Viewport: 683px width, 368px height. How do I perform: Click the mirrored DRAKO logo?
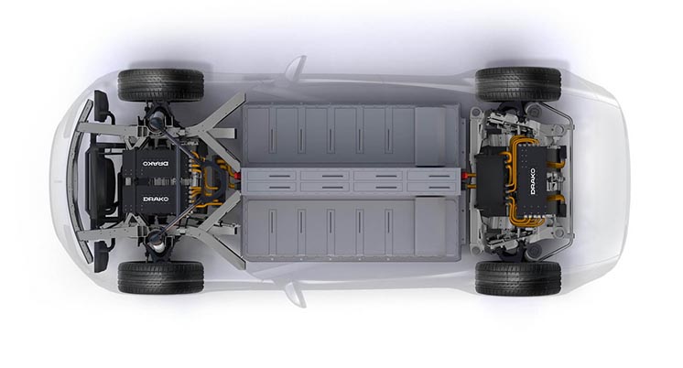156,164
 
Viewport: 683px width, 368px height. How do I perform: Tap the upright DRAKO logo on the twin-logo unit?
156,199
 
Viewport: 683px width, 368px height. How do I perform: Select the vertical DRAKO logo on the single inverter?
533,181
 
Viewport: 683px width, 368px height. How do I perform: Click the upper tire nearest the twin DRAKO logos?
161,85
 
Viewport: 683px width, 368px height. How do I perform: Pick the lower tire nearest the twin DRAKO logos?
161,277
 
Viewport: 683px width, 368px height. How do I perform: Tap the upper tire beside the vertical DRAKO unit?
518,84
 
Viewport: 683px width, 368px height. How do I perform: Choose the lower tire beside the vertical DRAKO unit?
518,278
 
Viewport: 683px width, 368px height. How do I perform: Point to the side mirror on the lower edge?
296,295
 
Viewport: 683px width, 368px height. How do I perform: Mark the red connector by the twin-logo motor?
237,176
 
